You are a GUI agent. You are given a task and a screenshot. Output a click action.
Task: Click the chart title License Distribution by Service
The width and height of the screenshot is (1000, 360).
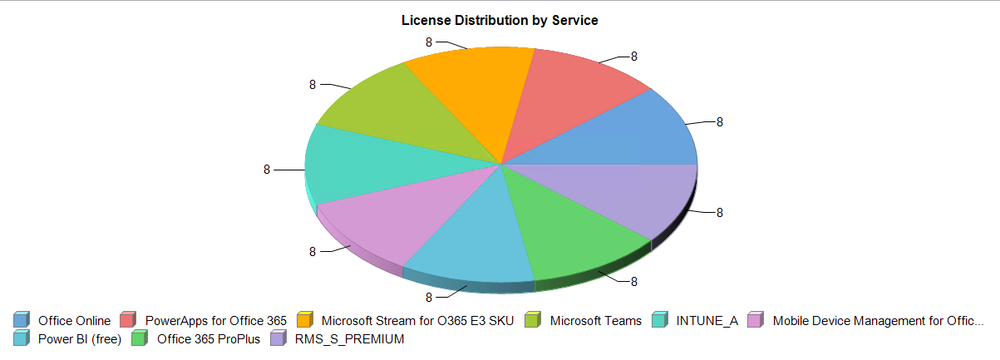click(500, 20)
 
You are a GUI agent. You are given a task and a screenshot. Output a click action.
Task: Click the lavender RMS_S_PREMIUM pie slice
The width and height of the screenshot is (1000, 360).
click(632, 195)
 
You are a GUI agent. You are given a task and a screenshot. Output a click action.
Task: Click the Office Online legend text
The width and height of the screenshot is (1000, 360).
click(74, 321)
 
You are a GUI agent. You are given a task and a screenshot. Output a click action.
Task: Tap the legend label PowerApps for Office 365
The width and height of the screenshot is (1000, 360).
click(215, 321)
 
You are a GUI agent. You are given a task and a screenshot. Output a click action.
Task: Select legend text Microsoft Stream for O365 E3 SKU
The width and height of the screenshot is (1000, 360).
click(418, 321)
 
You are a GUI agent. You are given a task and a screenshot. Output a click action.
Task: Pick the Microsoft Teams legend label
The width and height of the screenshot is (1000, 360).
click(596, 321)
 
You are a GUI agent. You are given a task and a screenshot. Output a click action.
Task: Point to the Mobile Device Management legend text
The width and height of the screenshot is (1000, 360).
click(878, 321)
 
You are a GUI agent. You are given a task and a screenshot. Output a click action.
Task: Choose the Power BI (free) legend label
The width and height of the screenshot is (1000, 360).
click(80, 339)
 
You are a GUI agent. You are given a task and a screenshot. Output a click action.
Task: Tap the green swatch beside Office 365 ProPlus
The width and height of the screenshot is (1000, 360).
click(140, 338)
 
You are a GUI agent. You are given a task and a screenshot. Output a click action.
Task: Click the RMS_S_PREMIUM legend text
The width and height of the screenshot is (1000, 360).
click(349, 339)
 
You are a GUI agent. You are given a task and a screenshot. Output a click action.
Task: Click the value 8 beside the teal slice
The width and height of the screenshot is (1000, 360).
click(267, 170)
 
